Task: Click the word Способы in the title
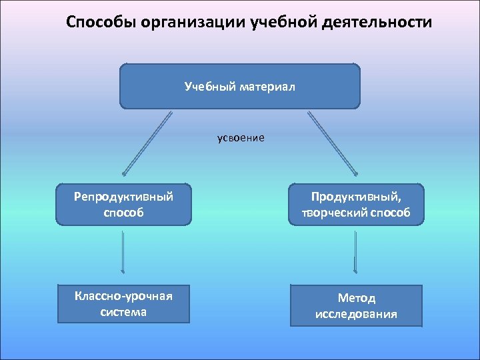[97, 23]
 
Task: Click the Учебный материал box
[239, 86]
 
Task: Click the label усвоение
[240, 138]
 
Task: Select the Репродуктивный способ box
[123, 205]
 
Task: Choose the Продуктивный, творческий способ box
[355, 205]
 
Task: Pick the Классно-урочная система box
[123, 303]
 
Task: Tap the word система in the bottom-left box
[124, 311]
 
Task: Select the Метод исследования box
[356, 306]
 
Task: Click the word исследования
[356, 314]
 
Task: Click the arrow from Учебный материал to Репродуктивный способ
[146, 144]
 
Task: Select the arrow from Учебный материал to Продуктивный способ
[333, 144]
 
